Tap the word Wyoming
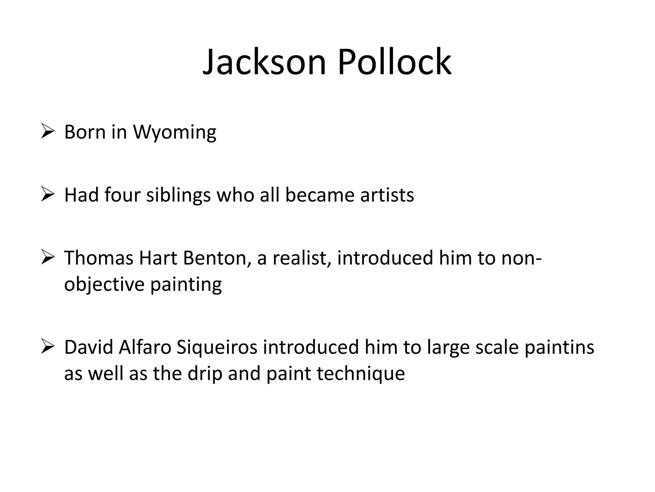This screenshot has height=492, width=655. [x=175, y=132]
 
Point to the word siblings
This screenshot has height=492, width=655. [x=178, y=195]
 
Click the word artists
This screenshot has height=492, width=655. [x=387, y=195]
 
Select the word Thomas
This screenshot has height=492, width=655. [x=99, y=258]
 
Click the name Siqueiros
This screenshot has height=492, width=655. [x=217, y=348]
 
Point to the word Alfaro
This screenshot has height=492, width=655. [x=145, y=348]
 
